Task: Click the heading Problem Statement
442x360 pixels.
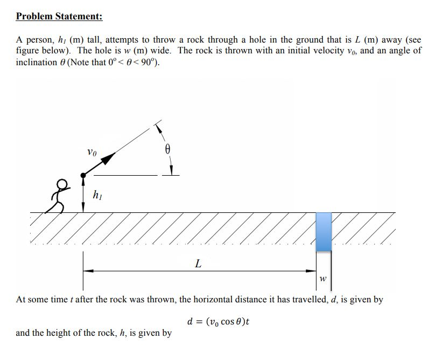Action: pos(59,16)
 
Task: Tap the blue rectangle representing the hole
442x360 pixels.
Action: pos(323,231)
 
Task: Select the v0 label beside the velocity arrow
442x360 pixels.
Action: pos(92,153)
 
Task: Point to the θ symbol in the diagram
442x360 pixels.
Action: pos(167,149)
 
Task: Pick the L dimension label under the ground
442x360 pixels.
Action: pos(198,264)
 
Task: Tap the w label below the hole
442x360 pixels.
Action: pos(322,279)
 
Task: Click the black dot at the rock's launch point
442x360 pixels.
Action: pos(83,175)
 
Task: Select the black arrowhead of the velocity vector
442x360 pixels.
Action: pos(108,158)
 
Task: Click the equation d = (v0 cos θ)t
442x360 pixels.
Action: pos(219,322)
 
